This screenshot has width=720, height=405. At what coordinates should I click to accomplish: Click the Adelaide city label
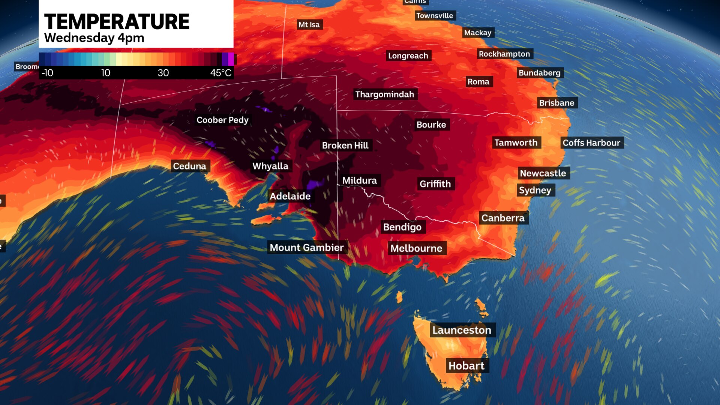(x=290, y=196)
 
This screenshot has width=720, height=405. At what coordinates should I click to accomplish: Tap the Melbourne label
(x=416, y=248)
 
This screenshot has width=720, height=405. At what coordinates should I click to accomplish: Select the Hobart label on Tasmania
(x=466, y=366)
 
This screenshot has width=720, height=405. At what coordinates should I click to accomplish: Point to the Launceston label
(x=462, y=330)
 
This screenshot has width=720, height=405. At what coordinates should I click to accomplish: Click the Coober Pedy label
(x=222, y=120)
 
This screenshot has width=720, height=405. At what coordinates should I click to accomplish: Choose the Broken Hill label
(x=345, y=145)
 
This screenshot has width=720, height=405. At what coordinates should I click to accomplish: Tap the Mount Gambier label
(x=306, y=247)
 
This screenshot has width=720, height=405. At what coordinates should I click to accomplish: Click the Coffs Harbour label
(x=591, y=143)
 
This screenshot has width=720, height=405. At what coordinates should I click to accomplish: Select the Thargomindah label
(x=384, y=94)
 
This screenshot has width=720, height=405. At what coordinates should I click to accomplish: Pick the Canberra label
(x=503, y=218)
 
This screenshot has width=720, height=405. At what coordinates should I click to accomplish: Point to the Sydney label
(x=535, y=190)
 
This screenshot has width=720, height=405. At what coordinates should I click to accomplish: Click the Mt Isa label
(x=309, y=25)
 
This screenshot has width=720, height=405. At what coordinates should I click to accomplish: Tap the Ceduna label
(x=189, y=166)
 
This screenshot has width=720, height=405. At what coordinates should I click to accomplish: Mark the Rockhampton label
(x=504, y=54)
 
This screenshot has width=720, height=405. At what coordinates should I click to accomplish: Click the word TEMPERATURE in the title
(x=117, y=22)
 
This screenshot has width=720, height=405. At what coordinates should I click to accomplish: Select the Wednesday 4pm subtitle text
(x=94, y=38)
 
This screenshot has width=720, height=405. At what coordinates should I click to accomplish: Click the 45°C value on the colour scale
(x=221, y=73)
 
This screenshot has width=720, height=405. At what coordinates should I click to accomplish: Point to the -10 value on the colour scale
(x=47, y=73)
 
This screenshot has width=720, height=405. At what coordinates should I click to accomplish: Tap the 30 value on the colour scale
(x=163, y=73)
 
